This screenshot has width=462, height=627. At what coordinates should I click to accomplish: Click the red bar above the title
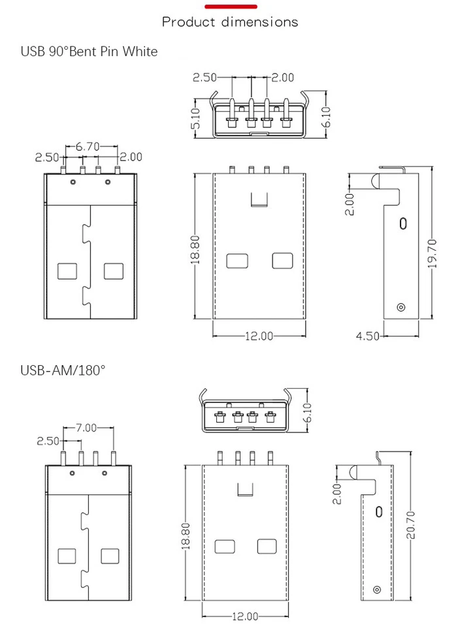[230, 7]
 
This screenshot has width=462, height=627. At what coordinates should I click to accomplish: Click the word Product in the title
[188, 22]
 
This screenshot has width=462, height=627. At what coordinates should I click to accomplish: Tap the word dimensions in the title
[259, 22]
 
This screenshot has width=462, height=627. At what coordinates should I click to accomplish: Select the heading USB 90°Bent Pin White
[89, 51]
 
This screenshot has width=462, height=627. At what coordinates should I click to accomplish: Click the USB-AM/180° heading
[63, 370]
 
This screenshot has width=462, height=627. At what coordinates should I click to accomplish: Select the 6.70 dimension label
[87, 146]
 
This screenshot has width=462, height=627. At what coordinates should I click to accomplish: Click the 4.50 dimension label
[367, 336]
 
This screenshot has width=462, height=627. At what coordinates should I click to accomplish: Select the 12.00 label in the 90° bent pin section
[259, 336]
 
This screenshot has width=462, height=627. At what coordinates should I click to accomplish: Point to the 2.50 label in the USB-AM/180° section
[48, 441]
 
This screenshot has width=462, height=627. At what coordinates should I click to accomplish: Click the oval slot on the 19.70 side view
[403, 223]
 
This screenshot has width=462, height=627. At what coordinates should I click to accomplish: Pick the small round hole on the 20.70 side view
[376, 589]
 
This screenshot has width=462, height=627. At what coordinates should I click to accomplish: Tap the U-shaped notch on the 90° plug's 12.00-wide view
[260, 199]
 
